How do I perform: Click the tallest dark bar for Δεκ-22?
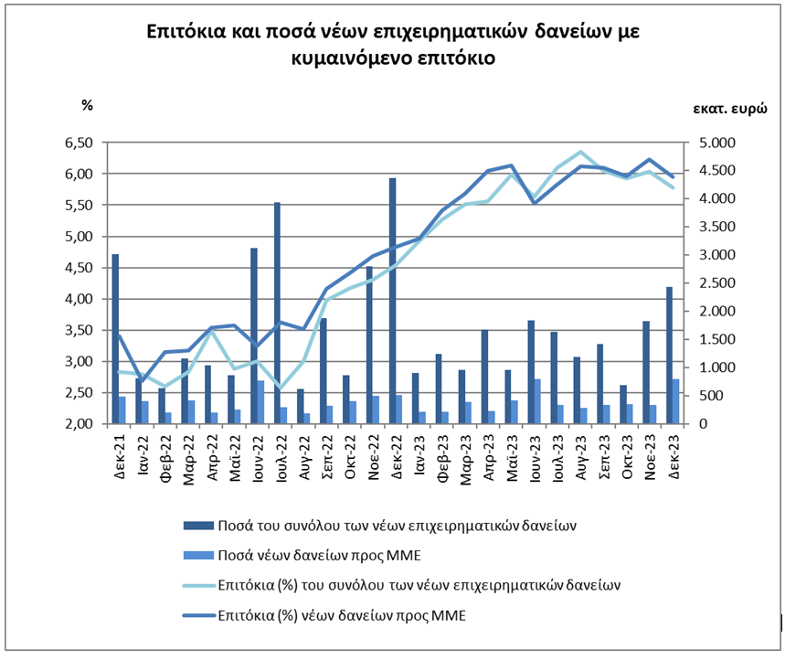tap(392, 302)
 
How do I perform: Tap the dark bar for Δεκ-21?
tap(115, 339)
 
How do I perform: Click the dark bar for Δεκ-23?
tap(670, 356)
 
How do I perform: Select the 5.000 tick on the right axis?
tap(709, 144)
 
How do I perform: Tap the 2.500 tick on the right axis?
tap(709, 283)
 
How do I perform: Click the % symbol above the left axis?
tap(87, 105)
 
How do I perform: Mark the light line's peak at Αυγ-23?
tap(580, 152)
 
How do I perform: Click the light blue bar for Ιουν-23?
tap(537, 401)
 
